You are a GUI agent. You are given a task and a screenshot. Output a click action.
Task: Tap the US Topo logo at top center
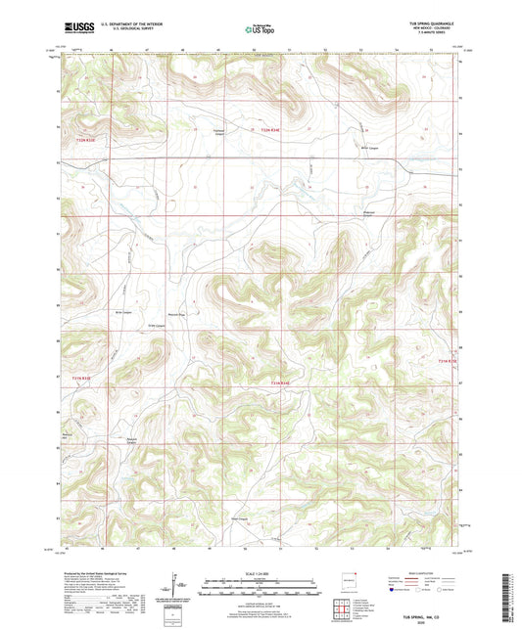(259, 29)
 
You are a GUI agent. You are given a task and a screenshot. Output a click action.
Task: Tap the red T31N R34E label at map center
(280, 382)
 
